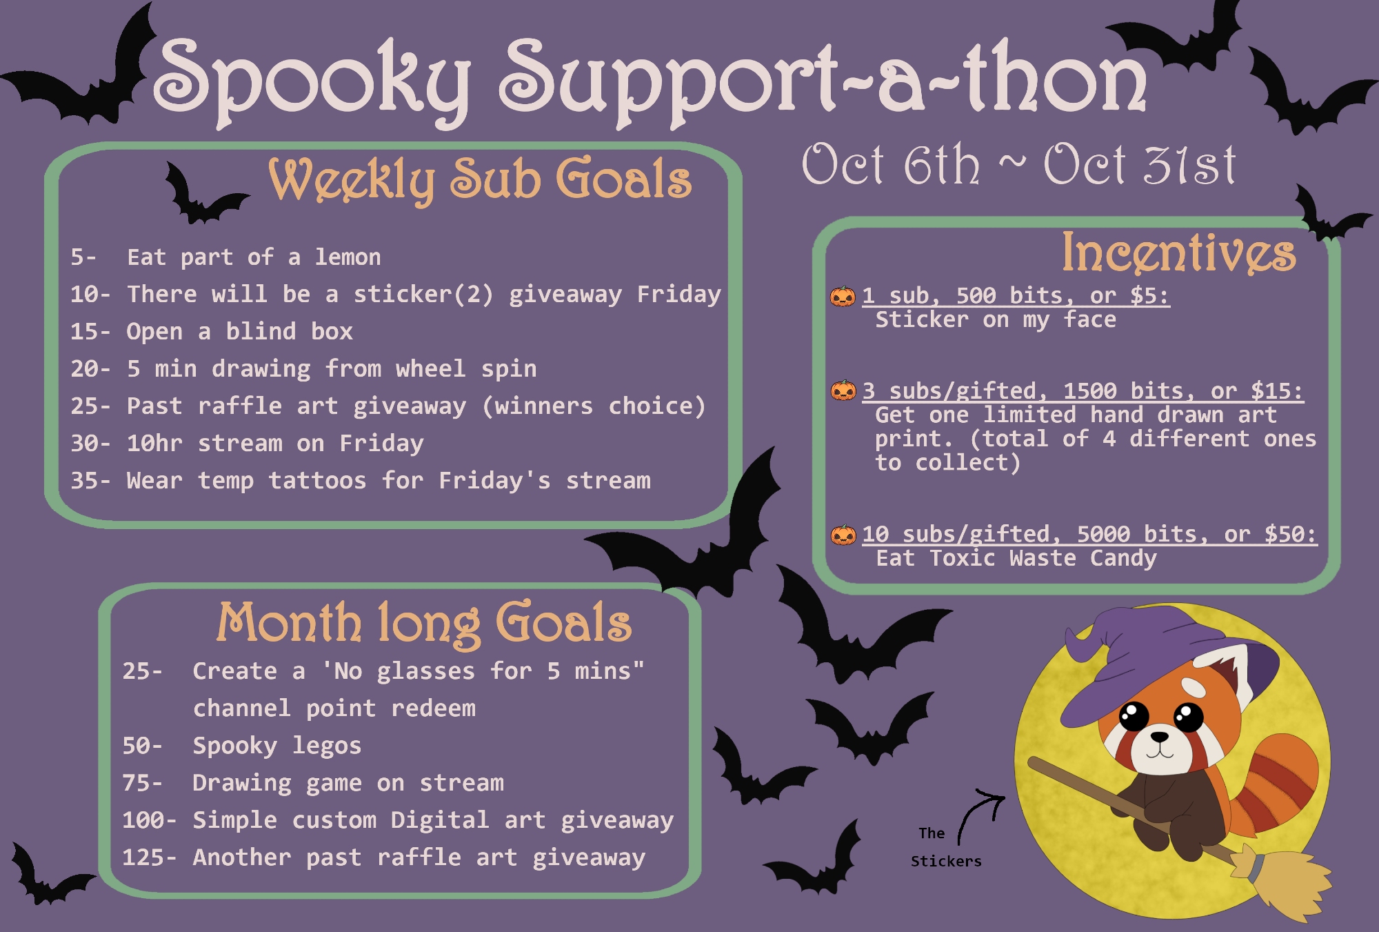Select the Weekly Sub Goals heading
coord(480,180)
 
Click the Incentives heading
coord(1178,252)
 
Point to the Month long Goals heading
coord(424,624)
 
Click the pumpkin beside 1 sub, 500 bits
coord(843,296)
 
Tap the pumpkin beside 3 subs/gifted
coord(843,390)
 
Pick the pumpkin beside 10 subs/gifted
coord(843,534)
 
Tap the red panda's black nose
coord(1160,737)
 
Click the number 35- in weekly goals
coord(90,480)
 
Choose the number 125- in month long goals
coord(149,857)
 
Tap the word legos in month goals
coord(327,746)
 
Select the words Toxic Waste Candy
coord(1043,558)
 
